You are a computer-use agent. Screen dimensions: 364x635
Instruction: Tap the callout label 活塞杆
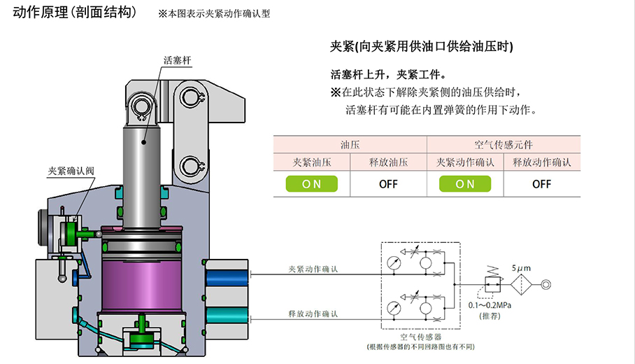(x=177, y=61)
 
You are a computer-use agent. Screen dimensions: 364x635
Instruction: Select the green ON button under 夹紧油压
(x=311, y=184)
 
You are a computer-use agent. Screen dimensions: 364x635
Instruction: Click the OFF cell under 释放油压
(x=388, y=184)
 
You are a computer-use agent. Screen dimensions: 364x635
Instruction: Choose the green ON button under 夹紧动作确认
(x=465, y=184)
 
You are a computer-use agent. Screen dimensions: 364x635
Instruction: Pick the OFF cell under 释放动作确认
(x=541, y=184)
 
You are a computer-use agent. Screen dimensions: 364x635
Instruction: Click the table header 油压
(x=350, y=145)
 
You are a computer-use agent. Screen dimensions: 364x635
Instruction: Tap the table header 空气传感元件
(x=504, y=145)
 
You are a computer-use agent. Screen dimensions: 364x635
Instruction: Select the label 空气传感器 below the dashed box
(x=419, y=336)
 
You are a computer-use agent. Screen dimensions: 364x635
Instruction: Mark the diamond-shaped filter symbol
(x=520, y=285)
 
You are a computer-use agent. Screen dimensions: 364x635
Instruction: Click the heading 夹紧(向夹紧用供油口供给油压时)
(x=422, y=48)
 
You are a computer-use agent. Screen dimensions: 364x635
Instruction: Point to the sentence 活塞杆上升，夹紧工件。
(x=387, y=75)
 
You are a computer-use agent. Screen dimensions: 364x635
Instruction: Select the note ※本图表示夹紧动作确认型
(x=214, y=14)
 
